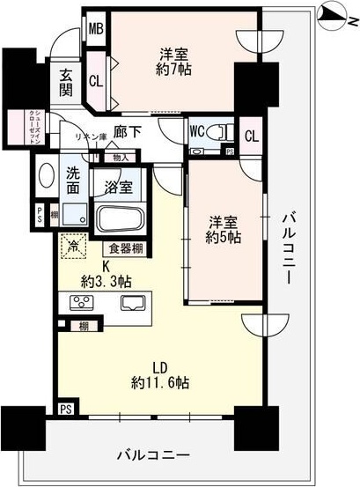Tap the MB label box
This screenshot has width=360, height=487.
(96, 28)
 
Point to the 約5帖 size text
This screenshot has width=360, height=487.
(224, 237)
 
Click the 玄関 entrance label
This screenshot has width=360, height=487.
(66, 85)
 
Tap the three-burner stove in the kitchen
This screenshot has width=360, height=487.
(81, 304)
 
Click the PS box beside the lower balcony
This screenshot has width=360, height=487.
(66, 410)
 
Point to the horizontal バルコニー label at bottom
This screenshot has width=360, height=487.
(151, 455)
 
